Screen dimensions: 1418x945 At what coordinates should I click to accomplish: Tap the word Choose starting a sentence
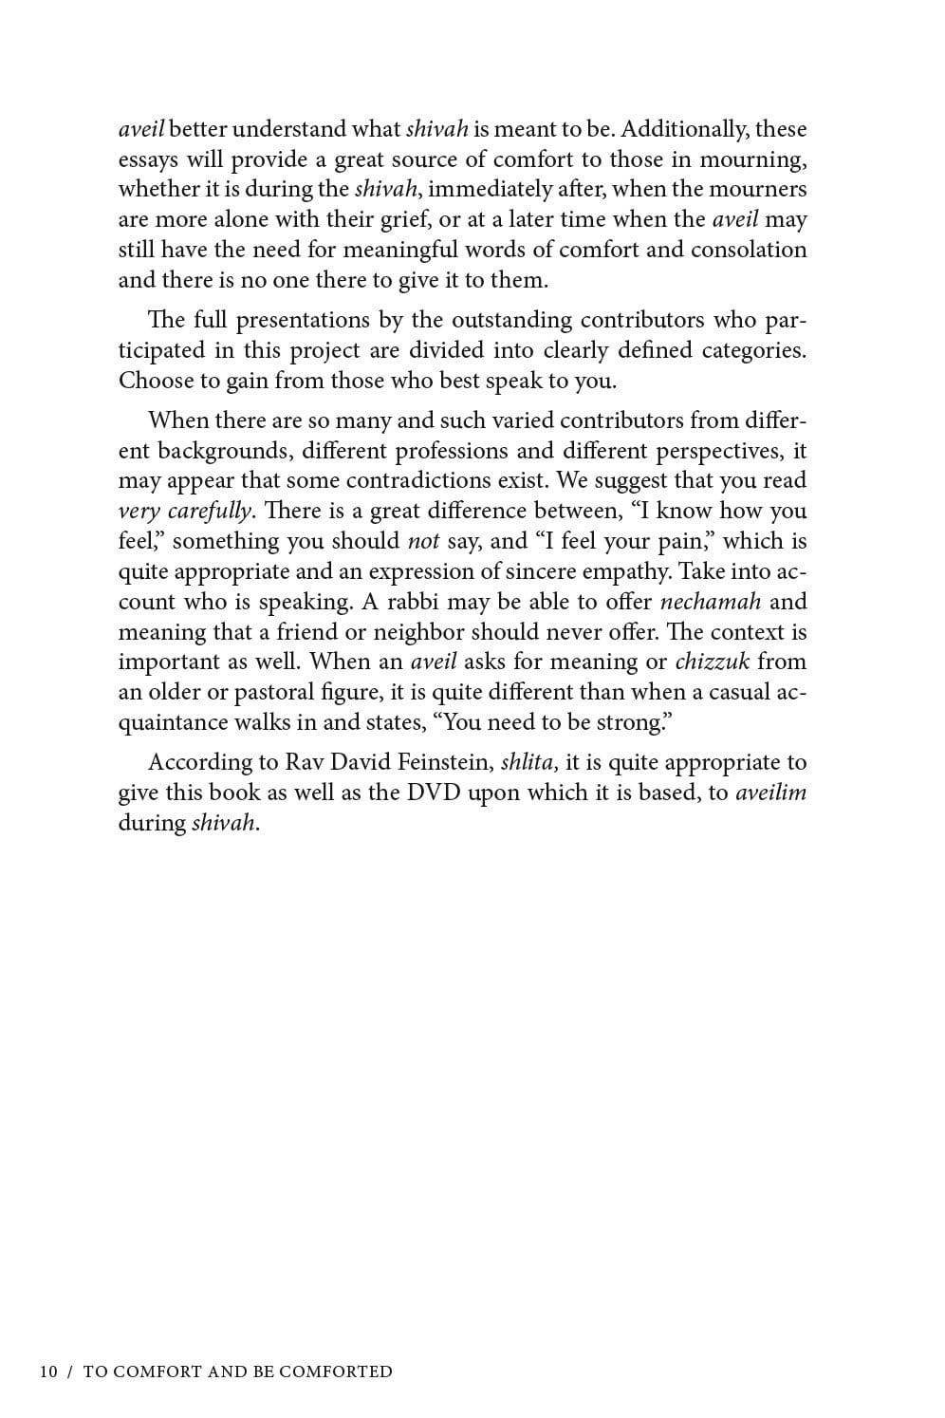click(154, 381)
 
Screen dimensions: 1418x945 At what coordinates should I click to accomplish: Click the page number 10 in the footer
click(48, 1371)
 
